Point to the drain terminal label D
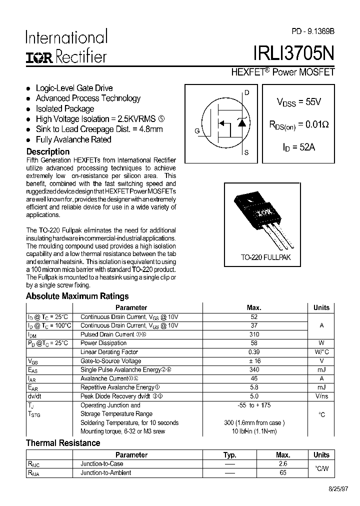tap(246, 92)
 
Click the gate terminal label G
tap(197, 131)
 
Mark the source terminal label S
tap(246, 152)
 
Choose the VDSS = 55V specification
tap(299, 102)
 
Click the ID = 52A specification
tap(299, 147)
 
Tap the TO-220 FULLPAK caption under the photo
tap(265, 257)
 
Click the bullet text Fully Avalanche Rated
tap(73, 139)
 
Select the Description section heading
tap(48, 151)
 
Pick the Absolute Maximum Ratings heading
tap(77, 296)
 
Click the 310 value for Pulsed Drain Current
tap(254, 334)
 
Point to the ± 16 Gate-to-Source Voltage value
tap(254, 361)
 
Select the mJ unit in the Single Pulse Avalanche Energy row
tap(321, 370)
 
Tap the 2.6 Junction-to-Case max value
tap(283, 463)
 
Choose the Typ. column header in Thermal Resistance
tap(230, 455)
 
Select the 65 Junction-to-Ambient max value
tap(283, 472)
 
